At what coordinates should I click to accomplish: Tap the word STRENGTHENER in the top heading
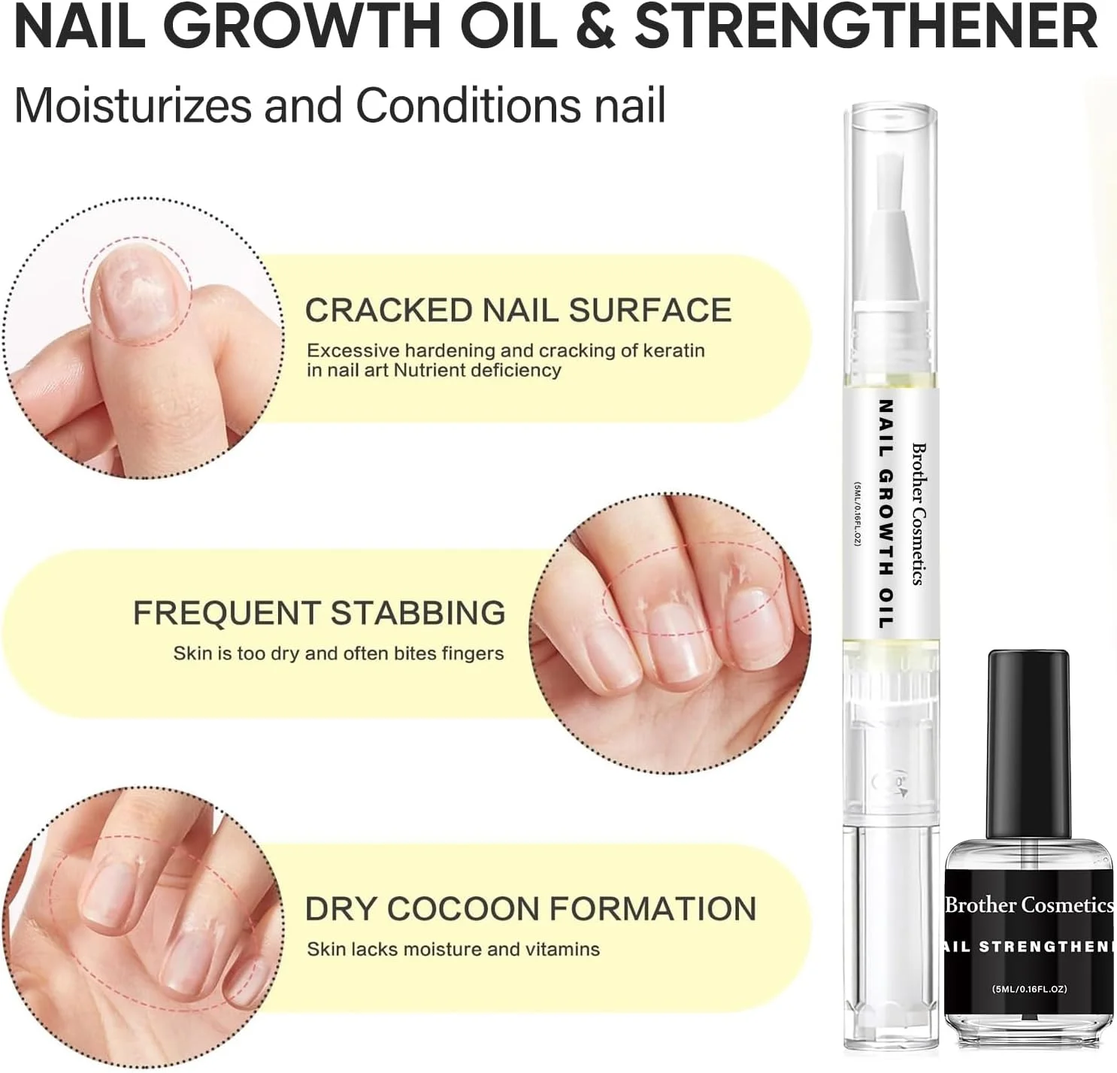pyautogui.click(x=867, y=28)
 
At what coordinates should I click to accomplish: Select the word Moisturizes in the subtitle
pyautogui.click(x=133, y=105)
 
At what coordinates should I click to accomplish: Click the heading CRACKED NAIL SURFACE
pyautogui.click(x=519, y=311)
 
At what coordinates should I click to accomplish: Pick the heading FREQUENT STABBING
pyautogui.click(x=319, y=613)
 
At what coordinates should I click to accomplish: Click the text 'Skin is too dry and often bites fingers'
pyautogui.click(x=339, y=653)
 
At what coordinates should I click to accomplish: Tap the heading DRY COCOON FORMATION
pyautogui.click(x=531, y=909)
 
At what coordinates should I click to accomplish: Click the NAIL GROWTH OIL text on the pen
pyautogui.click(x=887, y=514)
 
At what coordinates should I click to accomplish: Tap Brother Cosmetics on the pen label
pyautogui.click(x=919, y=514)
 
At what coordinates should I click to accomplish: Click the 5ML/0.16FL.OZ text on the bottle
pyautogui.click(x=1030, y=989)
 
